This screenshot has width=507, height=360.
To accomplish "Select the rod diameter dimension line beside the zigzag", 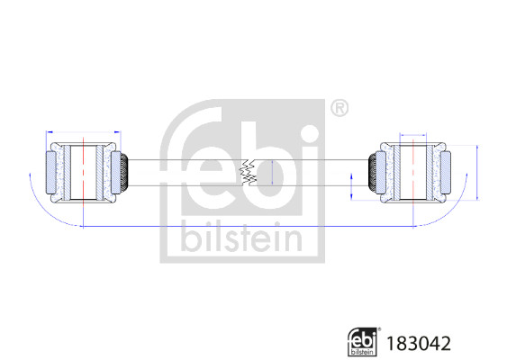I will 268,172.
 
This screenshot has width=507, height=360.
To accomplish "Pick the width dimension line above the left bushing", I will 81,131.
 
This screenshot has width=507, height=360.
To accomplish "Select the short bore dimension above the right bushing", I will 413,135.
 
